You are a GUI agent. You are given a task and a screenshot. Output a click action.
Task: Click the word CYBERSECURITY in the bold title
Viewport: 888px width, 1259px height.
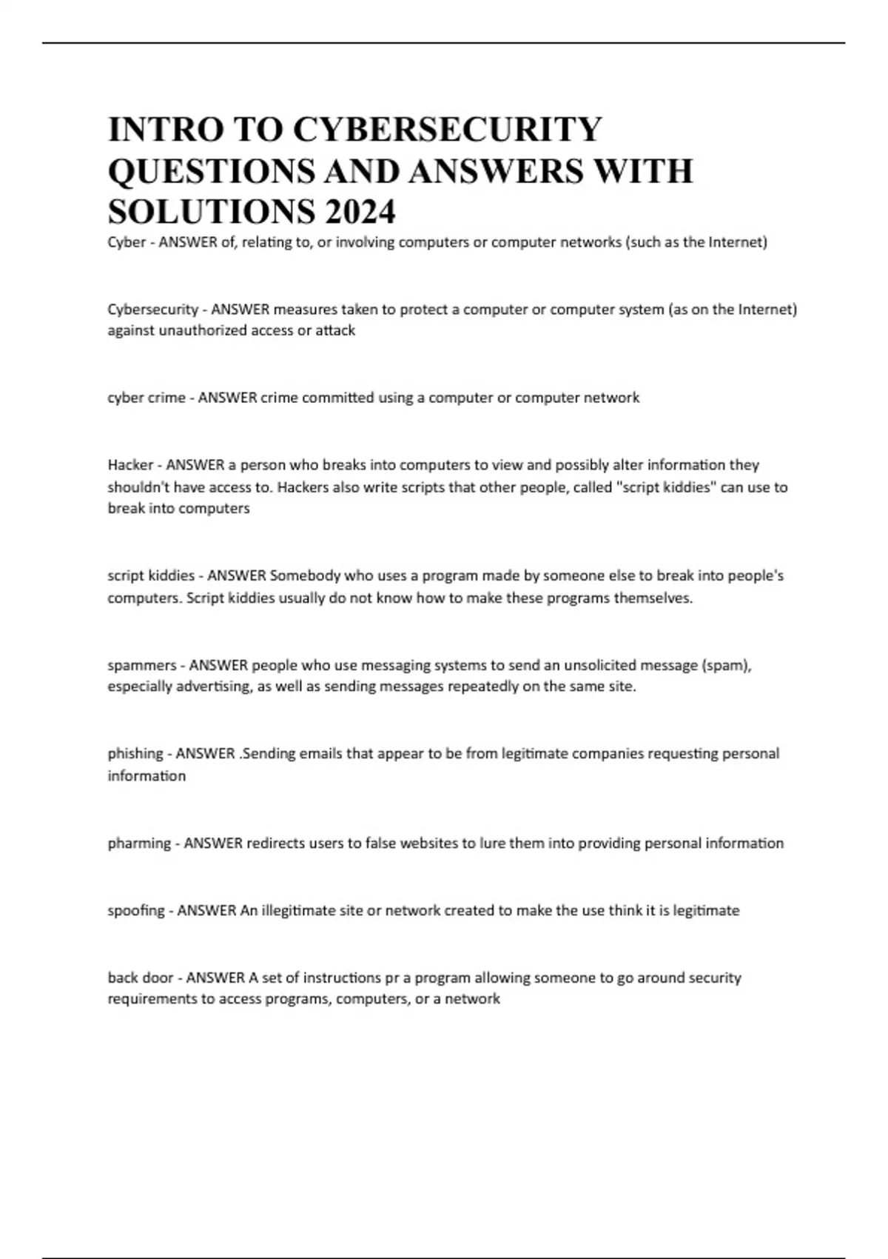tap(447, 129)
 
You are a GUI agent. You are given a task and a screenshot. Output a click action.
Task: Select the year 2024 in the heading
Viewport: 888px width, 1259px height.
tap(359, 212)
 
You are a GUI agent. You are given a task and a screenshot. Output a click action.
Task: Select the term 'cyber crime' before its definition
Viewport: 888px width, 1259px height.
tap(147, 398)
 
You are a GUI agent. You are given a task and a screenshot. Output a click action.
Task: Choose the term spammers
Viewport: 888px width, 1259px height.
tap(142, 665)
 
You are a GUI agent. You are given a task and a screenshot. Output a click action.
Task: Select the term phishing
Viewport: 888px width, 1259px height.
tap(135, 754)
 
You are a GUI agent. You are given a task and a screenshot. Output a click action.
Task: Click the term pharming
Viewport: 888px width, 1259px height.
tap(139, 844)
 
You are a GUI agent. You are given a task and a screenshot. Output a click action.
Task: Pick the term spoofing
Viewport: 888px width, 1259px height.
tap(136, 911)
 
